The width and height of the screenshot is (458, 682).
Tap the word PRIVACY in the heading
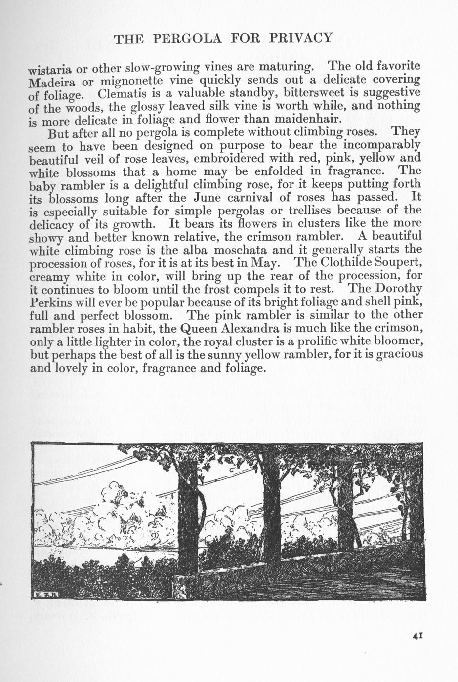tap(302, 38)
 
